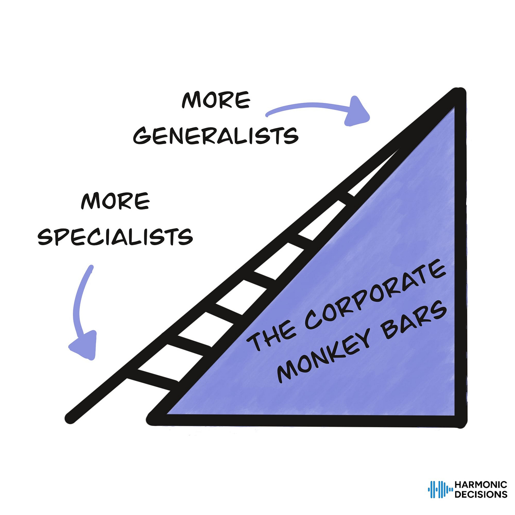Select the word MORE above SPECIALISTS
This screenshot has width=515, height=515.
(115, 201)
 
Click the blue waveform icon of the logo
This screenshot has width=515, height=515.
(440, 489)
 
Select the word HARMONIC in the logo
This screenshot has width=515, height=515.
(480, 485)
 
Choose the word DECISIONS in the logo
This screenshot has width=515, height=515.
(480, 494)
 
